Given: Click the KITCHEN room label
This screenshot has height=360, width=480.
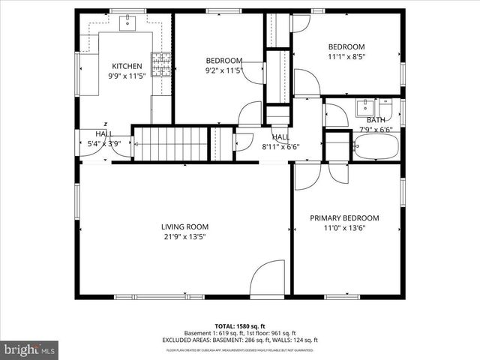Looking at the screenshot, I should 127,66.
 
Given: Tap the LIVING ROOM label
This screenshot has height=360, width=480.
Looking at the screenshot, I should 184,226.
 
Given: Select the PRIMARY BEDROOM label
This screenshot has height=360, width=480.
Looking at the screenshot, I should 344,218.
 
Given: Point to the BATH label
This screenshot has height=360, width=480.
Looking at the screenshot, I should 375,120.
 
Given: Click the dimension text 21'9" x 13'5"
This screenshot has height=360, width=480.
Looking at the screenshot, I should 184,236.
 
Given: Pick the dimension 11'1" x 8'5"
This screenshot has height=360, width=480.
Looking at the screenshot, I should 346,55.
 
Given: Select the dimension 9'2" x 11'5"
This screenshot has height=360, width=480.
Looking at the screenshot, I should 224,70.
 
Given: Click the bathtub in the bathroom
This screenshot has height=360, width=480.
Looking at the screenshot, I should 376,146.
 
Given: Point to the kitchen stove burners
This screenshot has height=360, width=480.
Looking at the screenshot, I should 161,61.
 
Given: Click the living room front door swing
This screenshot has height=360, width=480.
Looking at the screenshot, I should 268,281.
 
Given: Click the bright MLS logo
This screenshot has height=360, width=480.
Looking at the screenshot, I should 29,349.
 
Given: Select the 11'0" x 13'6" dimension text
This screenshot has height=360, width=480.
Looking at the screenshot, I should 344,229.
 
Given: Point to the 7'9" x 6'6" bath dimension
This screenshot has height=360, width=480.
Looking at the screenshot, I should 375,129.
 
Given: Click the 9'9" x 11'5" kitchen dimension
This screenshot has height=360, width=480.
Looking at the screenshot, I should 127,76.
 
